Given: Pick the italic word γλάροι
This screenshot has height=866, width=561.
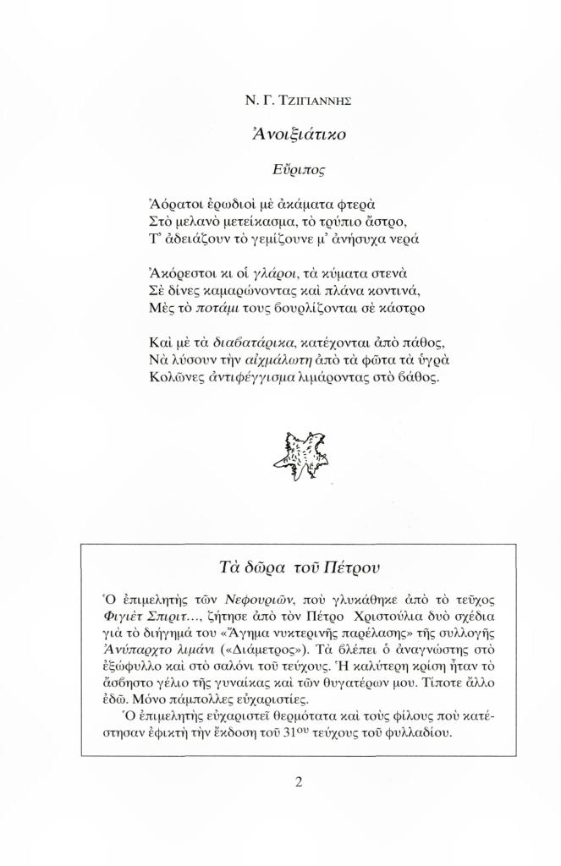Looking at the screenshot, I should pos(260,273).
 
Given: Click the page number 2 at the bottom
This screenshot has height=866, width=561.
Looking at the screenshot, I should pos(299,781).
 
